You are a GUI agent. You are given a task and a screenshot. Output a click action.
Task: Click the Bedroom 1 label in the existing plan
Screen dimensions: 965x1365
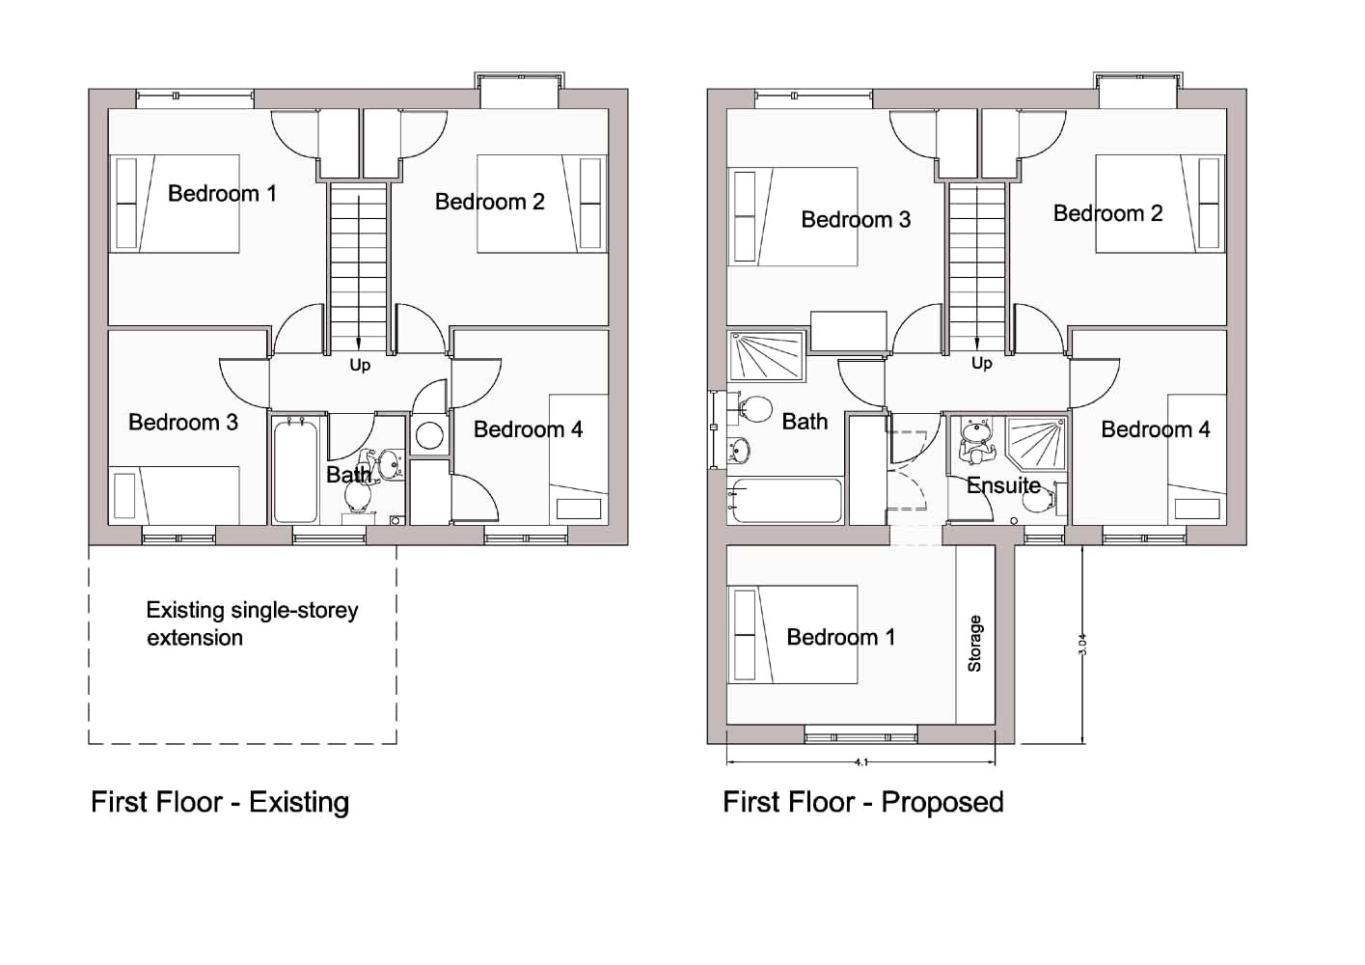pyautogui.click(x=222, y=193)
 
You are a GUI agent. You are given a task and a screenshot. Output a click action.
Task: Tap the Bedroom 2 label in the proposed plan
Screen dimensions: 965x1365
pyautogui.click(x=1107, y=213)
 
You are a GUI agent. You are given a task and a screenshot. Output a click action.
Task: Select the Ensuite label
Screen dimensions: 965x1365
pyautogui.click(x=1003, y=485)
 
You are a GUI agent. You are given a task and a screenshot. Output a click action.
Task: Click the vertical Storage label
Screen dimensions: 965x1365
pyautogui.click(x=974, y=644)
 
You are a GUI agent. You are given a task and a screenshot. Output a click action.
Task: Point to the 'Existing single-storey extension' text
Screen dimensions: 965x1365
pyautogui.click(x=251, y=623)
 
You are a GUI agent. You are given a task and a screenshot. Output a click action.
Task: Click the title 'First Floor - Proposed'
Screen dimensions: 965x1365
pyautogui.click(x=862, y=802)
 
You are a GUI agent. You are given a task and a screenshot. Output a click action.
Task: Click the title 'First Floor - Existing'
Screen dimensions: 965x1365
pyautogui.click(x=220, y=802)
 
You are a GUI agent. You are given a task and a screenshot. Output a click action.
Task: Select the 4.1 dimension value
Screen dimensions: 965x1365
pyautogui.click(x=860, y=762)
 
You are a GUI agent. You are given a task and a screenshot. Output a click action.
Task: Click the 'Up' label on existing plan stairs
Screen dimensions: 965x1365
pyautogui.click(x=360, y=365)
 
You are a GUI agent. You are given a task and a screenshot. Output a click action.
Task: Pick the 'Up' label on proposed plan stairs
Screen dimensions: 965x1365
pyautogui.click(x=981, y=363)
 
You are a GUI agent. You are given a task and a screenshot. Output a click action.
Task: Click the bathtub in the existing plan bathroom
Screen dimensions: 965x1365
pyautogui.click(x=295, y=470)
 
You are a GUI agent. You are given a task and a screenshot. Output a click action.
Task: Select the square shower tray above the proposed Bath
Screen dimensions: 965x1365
pyautogui.click(x=768, y=356)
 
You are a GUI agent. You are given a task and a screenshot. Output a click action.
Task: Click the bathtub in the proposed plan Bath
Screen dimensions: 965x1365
pyautogui.click(x=785, y=501)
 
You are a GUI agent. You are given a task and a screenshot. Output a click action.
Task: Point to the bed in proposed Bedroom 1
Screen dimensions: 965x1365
pyautogui.click(x=793, y=634)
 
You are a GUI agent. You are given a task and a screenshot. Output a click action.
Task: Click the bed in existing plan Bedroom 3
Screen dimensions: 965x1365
pyautogui.click(x=174, y=495)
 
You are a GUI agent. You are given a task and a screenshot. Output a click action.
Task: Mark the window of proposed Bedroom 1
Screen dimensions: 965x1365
pyautogui.click(x=860, y=738)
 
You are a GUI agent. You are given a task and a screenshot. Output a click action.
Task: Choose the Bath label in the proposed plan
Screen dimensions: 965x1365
pyautogui.click(x=805, y=422)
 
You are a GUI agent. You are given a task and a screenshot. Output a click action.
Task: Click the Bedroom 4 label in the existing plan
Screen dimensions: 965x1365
pyautogui.click(x=528, y=429)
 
